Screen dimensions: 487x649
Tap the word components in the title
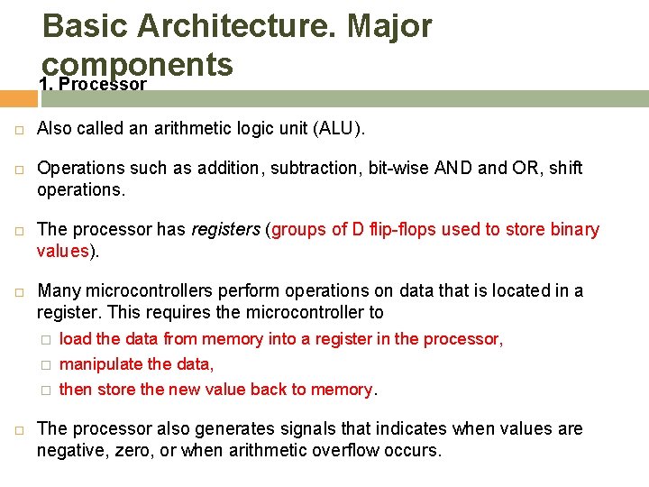coord(138,65)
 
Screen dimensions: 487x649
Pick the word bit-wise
coord(398,168)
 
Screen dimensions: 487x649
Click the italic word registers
coord(224,229)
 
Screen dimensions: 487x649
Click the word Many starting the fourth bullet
coord(58,290)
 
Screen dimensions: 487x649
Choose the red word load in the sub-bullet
coord(75,339)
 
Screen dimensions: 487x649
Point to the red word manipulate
coord(100,364)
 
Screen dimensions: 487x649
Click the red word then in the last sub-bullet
coord(75,390)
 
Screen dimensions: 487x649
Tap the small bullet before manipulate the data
coord(46,365)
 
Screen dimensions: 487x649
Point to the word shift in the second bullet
coord(566,168)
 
